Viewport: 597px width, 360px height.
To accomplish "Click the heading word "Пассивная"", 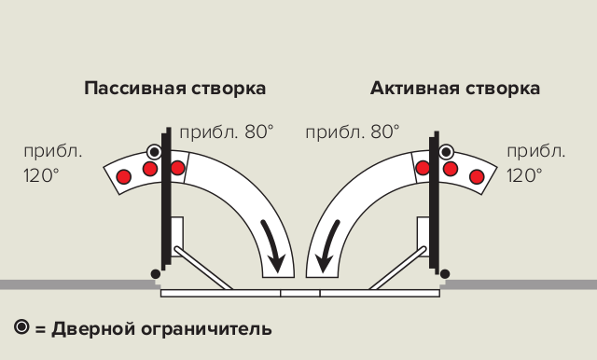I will (x=129, y=89).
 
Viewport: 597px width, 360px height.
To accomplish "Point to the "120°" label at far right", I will (x=524, y=174).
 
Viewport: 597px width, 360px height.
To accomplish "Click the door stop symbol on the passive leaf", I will (x=155, y=151).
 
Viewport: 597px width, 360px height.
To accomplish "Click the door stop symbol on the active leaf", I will (x=447, y=151).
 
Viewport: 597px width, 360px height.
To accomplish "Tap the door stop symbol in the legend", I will (x=22, y=327).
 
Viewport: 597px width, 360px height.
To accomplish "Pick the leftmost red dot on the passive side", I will (x=122, y=175).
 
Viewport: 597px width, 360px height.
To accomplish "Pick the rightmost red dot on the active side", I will (x=477, y=176).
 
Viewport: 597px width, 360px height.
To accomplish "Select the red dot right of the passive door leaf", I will (x=177, y=167).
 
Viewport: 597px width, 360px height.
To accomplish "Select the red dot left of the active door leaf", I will (x=423, y=167).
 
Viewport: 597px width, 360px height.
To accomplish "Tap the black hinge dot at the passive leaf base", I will (x=155, y=273).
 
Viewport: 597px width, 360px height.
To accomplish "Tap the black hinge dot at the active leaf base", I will (x=445, y=273).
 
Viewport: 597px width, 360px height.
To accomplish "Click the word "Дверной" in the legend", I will (x=89, y=328).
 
